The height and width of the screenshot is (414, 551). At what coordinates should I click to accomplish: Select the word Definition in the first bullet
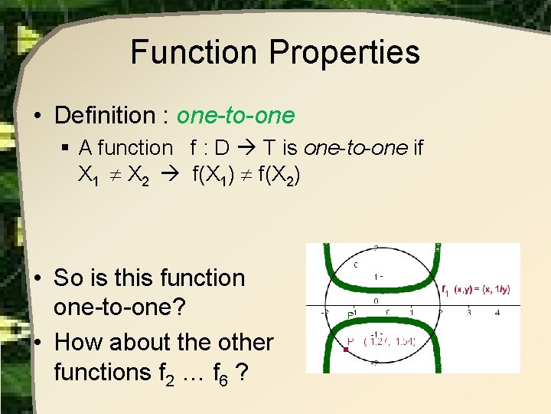tap(104, 116)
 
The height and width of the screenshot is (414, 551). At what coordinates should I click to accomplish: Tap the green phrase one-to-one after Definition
tap(235, 116)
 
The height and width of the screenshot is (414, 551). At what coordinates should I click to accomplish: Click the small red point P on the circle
tap(347, 349)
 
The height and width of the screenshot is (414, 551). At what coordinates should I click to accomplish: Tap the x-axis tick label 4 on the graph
tap(497, 313)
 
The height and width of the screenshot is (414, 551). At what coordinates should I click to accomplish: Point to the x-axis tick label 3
tap(468, 313)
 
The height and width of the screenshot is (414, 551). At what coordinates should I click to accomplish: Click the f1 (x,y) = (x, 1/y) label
tap(476, 290)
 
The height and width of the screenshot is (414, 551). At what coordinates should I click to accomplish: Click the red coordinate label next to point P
tap(390, 341)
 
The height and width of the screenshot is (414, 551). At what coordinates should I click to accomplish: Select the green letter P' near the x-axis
tap(350, 315)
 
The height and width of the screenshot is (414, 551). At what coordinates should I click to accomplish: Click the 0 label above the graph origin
tap(375, 301)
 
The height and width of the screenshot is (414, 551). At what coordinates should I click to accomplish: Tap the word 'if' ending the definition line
tap(418, 147)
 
